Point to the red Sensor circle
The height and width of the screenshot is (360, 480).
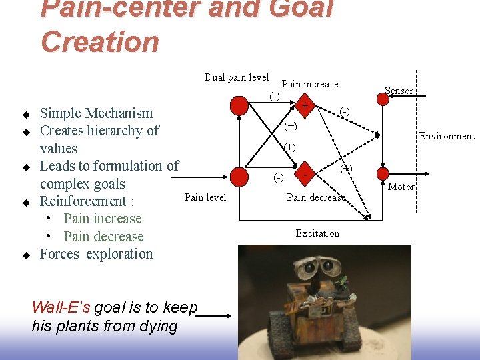click(383, 99)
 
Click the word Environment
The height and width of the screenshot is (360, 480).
click(446, 137)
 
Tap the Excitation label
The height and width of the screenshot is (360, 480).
click(317, 233)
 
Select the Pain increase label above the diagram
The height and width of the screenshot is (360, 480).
click(310, 84)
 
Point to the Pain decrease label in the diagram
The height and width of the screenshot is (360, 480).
click(316, 197)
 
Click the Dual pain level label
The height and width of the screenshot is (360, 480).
click(237, 77)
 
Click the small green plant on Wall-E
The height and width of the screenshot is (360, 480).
click(343, 281)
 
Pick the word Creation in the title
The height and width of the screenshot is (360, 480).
click(100, 41)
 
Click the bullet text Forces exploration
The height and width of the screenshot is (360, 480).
click(96, 254)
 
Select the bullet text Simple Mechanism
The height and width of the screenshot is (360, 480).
click(96, 113)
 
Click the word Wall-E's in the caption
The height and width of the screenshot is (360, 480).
click(61, 308)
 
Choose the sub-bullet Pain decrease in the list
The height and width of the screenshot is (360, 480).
click(103, 237)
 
